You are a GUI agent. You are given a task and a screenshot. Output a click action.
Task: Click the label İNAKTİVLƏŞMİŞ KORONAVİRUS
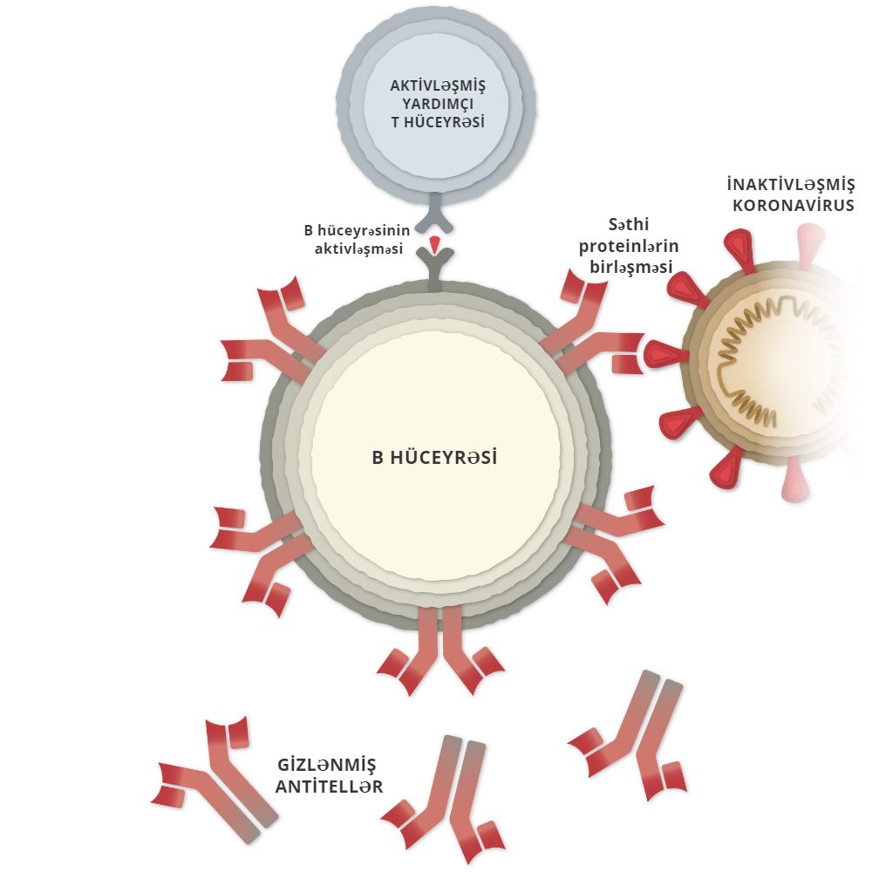click(790, 195)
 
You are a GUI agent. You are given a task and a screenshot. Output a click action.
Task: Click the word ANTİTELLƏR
click(330, 787)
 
